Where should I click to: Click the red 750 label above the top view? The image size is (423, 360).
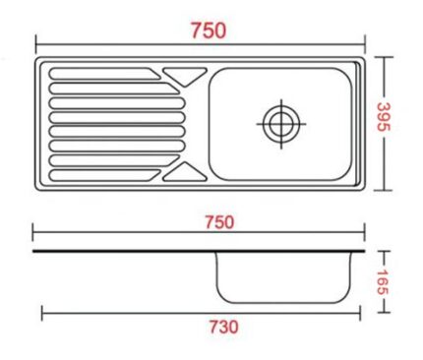(208, 30)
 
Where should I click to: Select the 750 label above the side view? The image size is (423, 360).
(217, 221)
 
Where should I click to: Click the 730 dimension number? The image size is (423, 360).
(221, 327)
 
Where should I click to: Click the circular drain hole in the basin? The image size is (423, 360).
(279, 122)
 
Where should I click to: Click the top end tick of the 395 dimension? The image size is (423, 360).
(386, 56)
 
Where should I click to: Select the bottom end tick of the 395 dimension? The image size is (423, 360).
(386, 187)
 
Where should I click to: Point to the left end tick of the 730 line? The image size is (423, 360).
(42, 313)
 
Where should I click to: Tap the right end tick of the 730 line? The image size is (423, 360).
(360, 313)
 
